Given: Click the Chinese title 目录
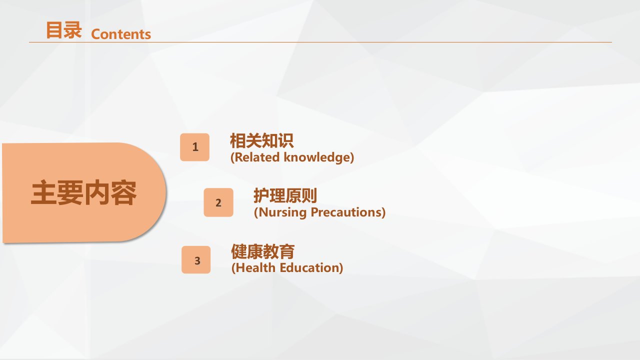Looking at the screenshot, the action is coord(64,30).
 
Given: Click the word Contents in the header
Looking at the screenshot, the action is coord(121,34).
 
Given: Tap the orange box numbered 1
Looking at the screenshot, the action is coord(194,147).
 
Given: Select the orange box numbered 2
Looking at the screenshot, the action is coord(218,202).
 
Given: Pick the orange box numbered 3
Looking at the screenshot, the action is coord(196,259).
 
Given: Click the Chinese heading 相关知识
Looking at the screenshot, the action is coord(261,140).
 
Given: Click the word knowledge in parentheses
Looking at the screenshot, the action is coord(316,157).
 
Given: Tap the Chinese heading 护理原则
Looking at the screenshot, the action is coord(285,195).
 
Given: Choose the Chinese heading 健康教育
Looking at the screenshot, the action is coord(263,251).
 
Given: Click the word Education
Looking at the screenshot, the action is coord(309,268).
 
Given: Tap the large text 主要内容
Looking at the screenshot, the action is coord(83,192).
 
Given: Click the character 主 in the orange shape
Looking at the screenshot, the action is coord(43,192).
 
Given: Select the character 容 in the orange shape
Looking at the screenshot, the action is coord(123,192).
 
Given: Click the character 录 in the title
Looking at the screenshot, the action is coord(73,30).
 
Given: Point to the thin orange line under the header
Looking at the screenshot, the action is coord(320,42).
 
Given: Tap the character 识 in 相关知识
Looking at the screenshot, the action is coord(286,140).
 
